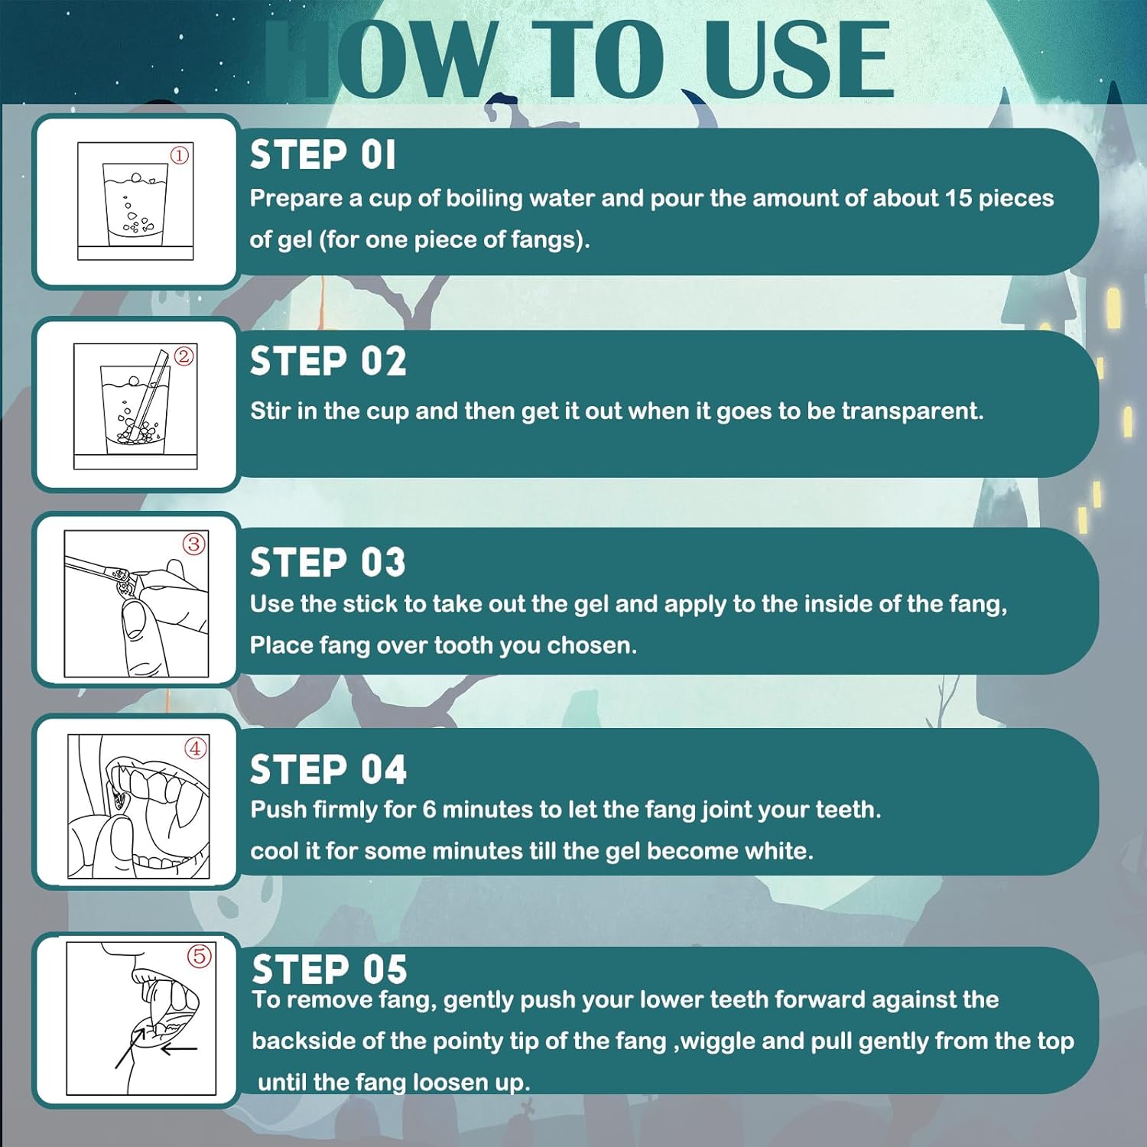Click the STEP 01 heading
(323, 155)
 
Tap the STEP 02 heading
(328, 361)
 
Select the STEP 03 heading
(328, 562)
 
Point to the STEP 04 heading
(328, 768)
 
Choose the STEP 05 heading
(330, 969)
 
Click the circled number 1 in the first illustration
(180, 155)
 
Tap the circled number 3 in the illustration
(194, 544)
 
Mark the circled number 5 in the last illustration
(200, 956)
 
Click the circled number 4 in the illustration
(197, 748)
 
